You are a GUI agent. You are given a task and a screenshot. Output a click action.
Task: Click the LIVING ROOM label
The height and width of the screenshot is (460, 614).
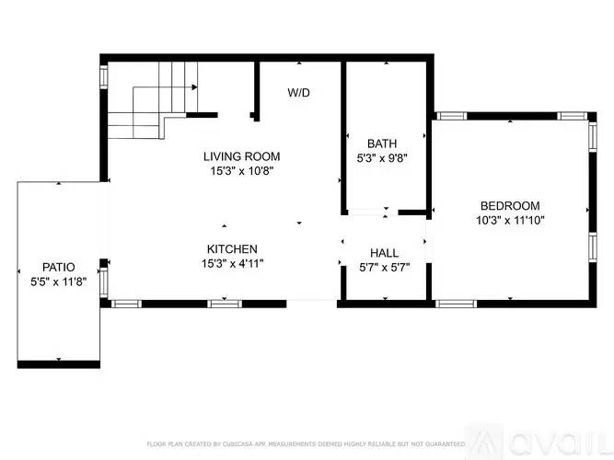point(241,156)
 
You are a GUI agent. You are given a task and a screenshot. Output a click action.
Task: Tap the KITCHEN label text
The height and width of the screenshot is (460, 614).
point(231,248)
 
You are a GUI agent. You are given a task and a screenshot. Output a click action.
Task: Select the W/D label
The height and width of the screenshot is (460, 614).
point(298,93)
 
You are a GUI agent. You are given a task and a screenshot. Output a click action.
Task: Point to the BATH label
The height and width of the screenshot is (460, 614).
point(382,144)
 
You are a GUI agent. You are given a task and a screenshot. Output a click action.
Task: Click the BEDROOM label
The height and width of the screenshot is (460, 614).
point(510,206)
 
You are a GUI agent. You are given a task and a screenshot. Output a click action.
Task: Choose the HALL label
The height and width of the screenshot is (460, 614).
point(384,253)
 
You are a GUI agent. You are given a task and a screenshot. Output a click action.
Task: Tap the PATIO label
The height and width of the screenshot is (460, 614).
point(58,267)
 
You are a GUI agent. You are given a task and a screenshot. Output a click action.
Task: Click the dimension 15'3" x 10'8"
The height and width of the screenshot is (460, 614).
point(241,170)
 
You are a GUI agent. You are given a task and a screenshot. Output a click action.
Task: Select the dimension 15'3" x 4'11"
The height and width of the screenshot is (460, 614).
point(231,263)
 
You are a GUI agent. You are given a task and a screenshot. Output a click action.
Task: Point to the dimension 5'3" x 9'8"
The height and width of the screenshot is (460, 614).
point(382,157)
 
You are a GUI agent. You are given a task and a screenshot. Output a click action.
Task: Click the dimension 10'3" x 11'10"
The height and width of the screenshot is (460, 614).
point(510,220)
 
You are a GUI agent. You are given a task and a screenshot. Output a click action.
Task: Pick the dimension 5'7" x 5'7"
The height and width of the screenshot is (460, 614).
point(384,268)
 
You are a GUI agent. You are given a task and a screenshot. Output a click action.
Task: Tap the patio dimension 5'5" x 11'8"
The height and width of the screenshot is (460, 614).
point(58,282)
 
